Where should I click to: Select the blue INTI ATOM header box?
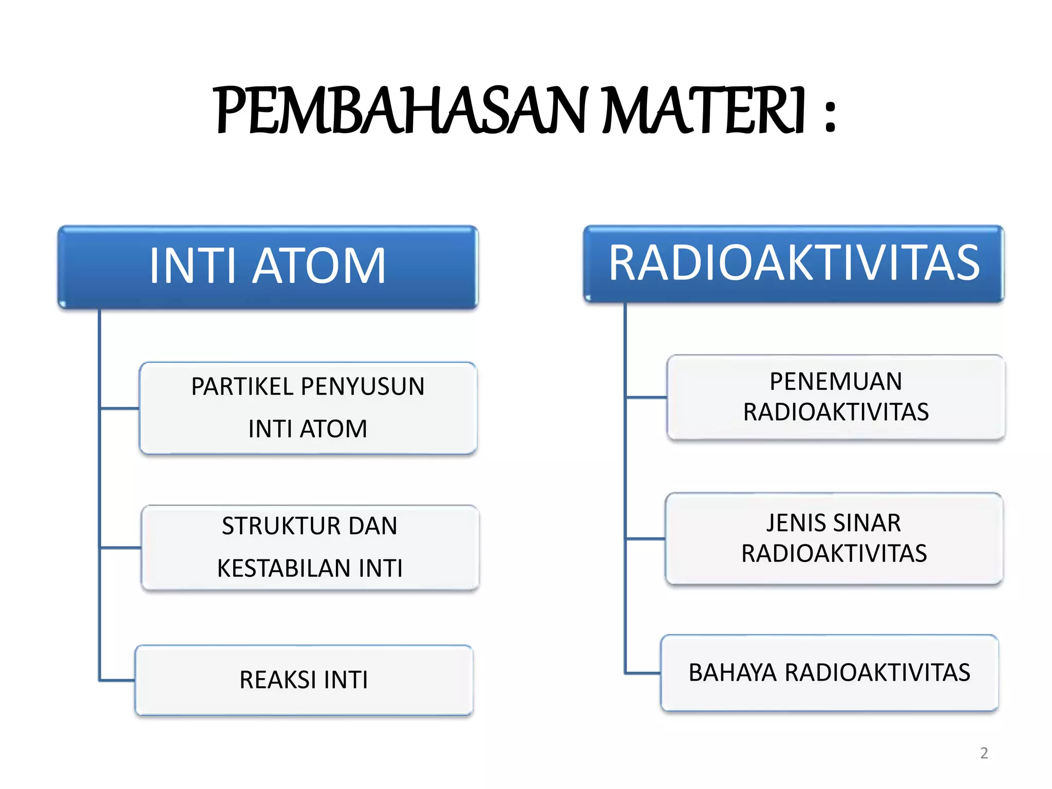pos(268,267)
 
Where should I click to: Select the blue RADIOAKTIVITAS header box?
pos(794,264)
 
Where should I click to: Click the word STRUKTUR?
pos(281,526)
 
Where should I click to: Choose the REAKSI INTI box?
pos(304,680)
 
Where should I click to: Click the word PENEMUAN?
pos(836,382)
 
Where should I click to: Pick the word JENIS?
pos(796,523)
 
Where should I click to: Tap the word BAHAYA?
pos(732,673)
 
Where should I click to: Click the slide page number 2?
pos(984,753)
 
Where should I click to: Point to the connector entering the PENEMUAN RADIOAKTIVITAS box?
pos(646,397)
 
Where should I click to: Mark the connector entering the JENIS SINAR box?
pos(645,539)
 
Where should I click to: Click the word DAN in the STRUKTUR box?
pos(373,526)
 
